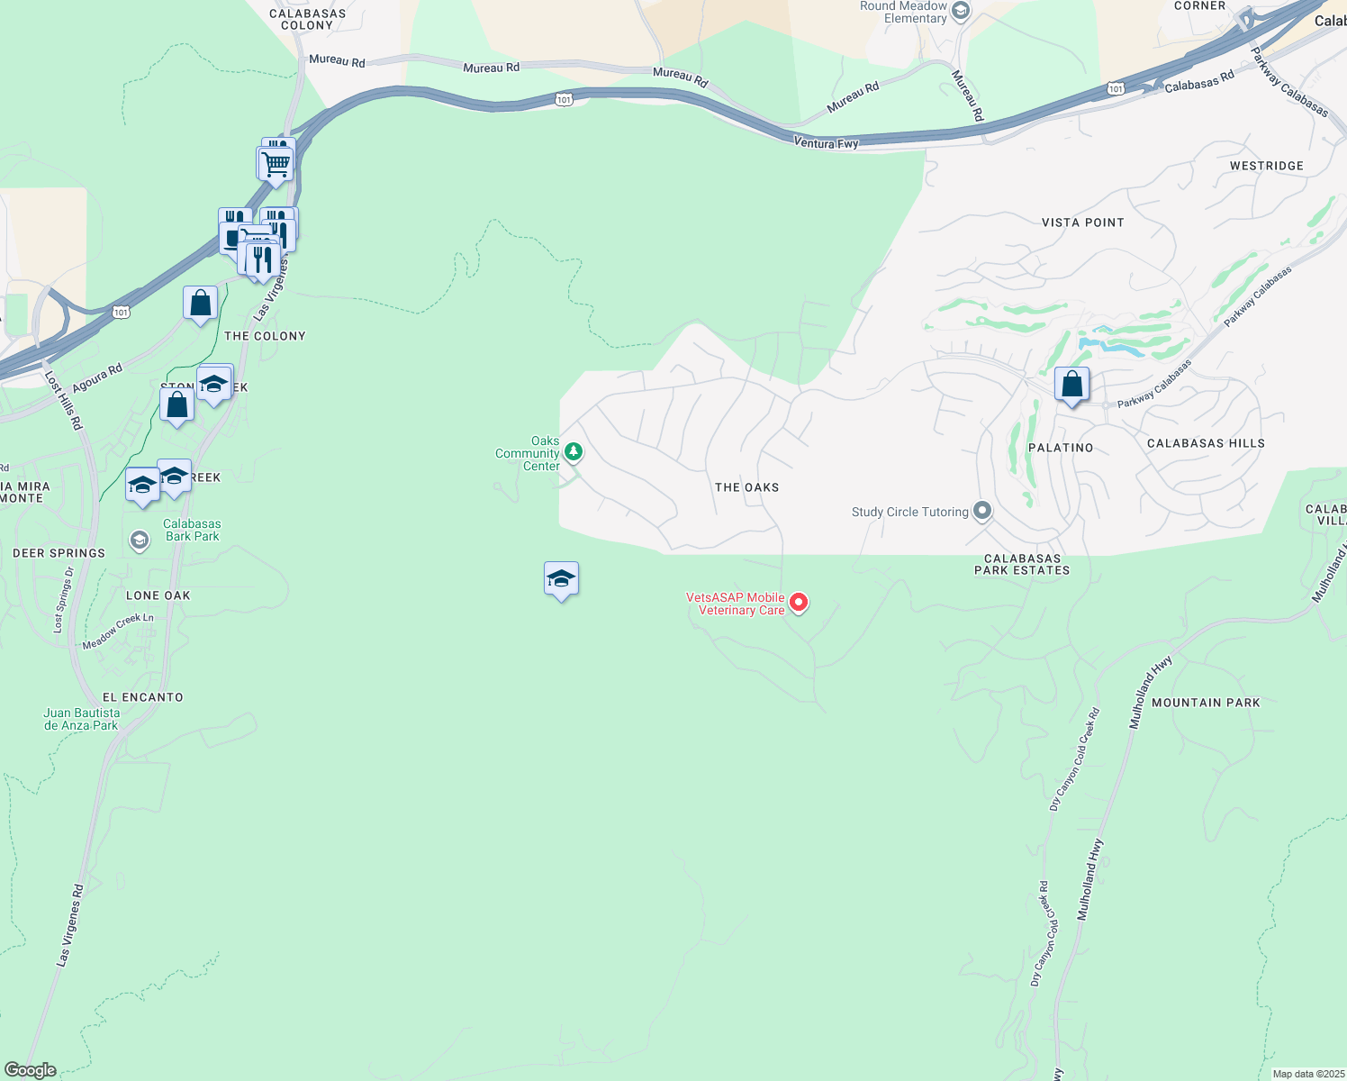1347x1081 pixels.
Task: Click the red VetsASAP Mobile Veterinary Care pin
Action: (x=798, y=603)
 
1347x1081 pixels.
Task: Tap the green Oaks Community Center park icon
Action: (x=573, y=451)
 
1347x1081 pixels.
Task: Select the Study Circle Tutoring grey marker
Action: (x=982, y=512)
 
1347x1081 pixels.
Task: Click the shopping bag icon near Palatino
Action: (x=1071, y=386)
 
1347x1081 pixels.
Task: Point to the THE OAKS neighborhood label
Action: (x=746, y=487)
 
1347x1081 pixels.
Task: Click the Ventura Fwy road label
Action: (x=826, y=143)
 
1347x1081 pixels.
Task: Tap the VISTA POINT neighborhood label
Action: (x=1082, y=223)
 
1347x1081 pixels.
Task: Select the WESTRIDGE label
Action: (x=1266, y=166)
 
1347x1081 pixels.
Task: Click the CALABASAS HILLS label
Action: (x=1206, y=443)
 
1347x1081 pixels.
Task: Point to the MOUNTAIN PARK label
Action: (x=1206, y=703)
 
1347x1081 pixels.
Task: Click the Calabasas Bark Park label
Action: (x=192, y=530)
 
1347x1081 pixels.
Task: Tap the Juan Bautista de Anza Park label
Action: (x=81, y=719)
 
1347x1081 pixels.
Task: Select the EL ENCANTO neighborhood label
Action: (x=142, y=697)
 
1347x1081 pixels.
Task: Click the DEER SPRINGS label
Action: (x=59, y=553)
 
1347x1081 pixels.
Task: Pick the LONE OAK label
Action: (x=158, y=595)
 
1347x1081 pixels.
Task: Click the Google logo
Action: (x=30, y=1070)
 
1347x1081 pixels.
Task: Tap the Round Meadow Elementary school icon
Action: (x=960, y=12)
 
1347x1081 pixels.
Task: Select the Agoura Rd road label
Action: (x=97, y=378)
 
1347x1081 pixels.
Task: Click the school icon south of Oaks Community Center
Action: (x=561, y=580)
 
